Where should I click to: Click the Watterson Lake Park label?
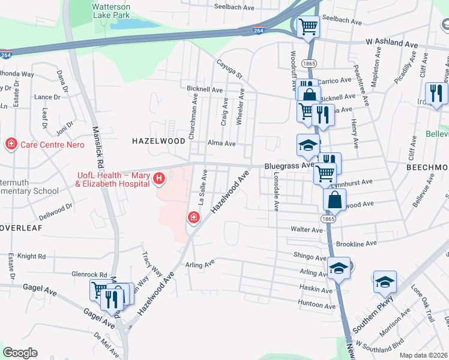point(110,11)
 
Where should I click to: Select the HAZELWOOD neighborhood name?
point(158,140)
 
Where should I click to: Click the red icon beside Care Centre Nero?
point(11,144)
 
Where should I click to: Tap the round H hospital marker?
point(158,178)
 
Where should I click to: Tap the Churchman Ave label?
point(194,120)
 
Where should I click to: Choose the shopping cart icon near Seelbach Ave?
point(308,26)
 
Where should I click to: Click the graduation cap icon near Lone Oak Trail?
point(385,282)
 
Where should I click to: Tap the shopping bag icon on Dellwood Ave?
point(334,200)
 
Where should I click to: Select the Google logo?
point(20,353)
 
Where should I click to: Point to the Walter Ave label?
point(307,230)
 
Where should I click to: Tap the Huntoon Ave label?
point(316,306)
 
